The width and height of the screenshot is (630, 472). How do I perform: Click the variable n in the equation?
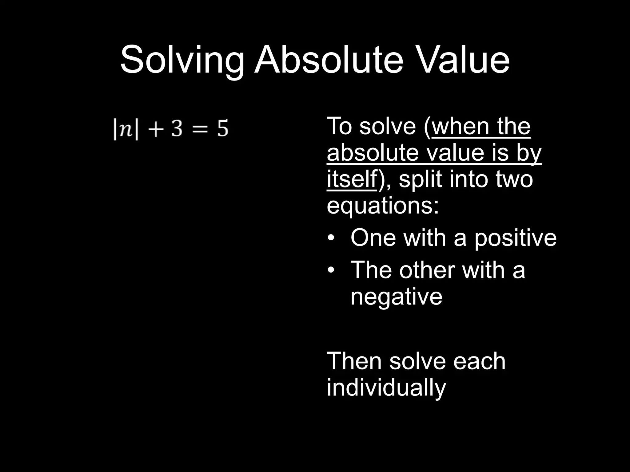[x=126, y=129]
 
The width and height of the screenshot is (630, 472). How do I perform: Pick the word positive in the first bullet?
[x=515, y=238]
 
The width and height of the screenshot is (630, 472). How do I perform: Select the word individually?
[x=386, y=388]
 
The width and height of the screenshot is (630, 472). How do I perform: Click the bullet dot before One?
[x=331, y=238]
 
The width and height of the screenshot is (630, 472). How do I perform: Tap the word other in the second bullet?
[x=425, y=270]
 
